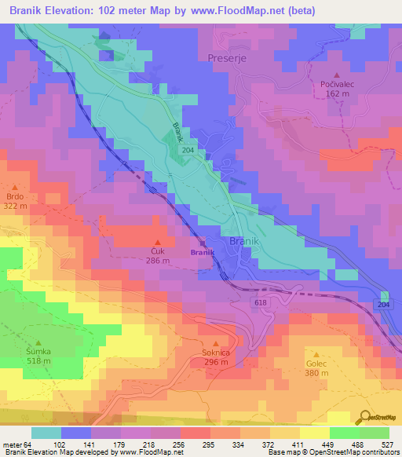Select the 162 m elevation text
(339, 93)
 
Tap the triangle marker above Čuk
(157, 241)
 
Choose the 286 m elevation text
(157, 260)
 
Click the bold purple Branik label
(202, 252)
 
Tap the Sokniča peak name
(215, 353)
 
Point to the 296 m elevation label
(215, 364)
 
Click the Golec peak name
(317, 364)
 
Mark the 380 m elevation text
(317, 375)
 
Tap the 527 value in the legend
(386, 444)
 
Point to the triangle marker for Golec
(317, 354)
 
